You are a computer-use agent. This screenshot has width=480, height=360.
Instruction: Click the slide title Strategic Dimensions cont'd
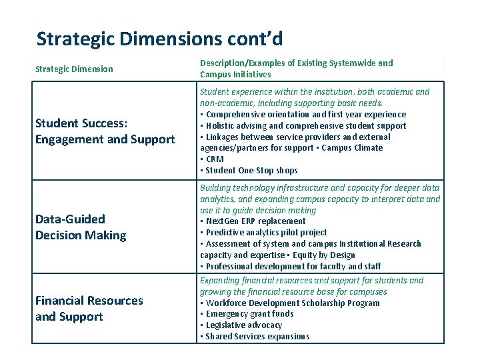(x=159, y=39)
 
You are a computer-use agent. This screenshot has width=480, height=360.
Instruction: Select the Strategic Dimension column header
(x=74, y=69)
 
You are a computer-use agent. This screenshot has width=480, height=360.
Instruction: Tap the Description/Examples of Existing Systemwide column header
(x=296, y=69)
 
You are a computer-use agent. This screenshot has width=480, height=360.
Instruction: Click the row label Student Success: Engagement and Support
(x=105, y=131)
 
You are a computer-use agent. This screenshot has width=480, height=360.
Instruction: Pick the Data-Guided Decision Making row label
(x=80, y=227)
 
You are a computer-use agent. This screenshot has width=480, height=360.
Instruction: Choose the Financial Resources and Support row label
(x=89, y=309)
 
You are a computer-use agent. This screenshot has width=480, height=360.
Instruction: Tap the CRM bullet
(x=214, y=159)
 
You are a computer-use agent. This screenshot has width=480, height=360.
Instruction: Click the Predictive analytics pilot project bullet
(x=266, y=233)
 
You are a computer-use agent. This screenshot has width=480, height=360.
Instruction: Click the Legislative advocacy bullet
(x=243, y=325)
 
